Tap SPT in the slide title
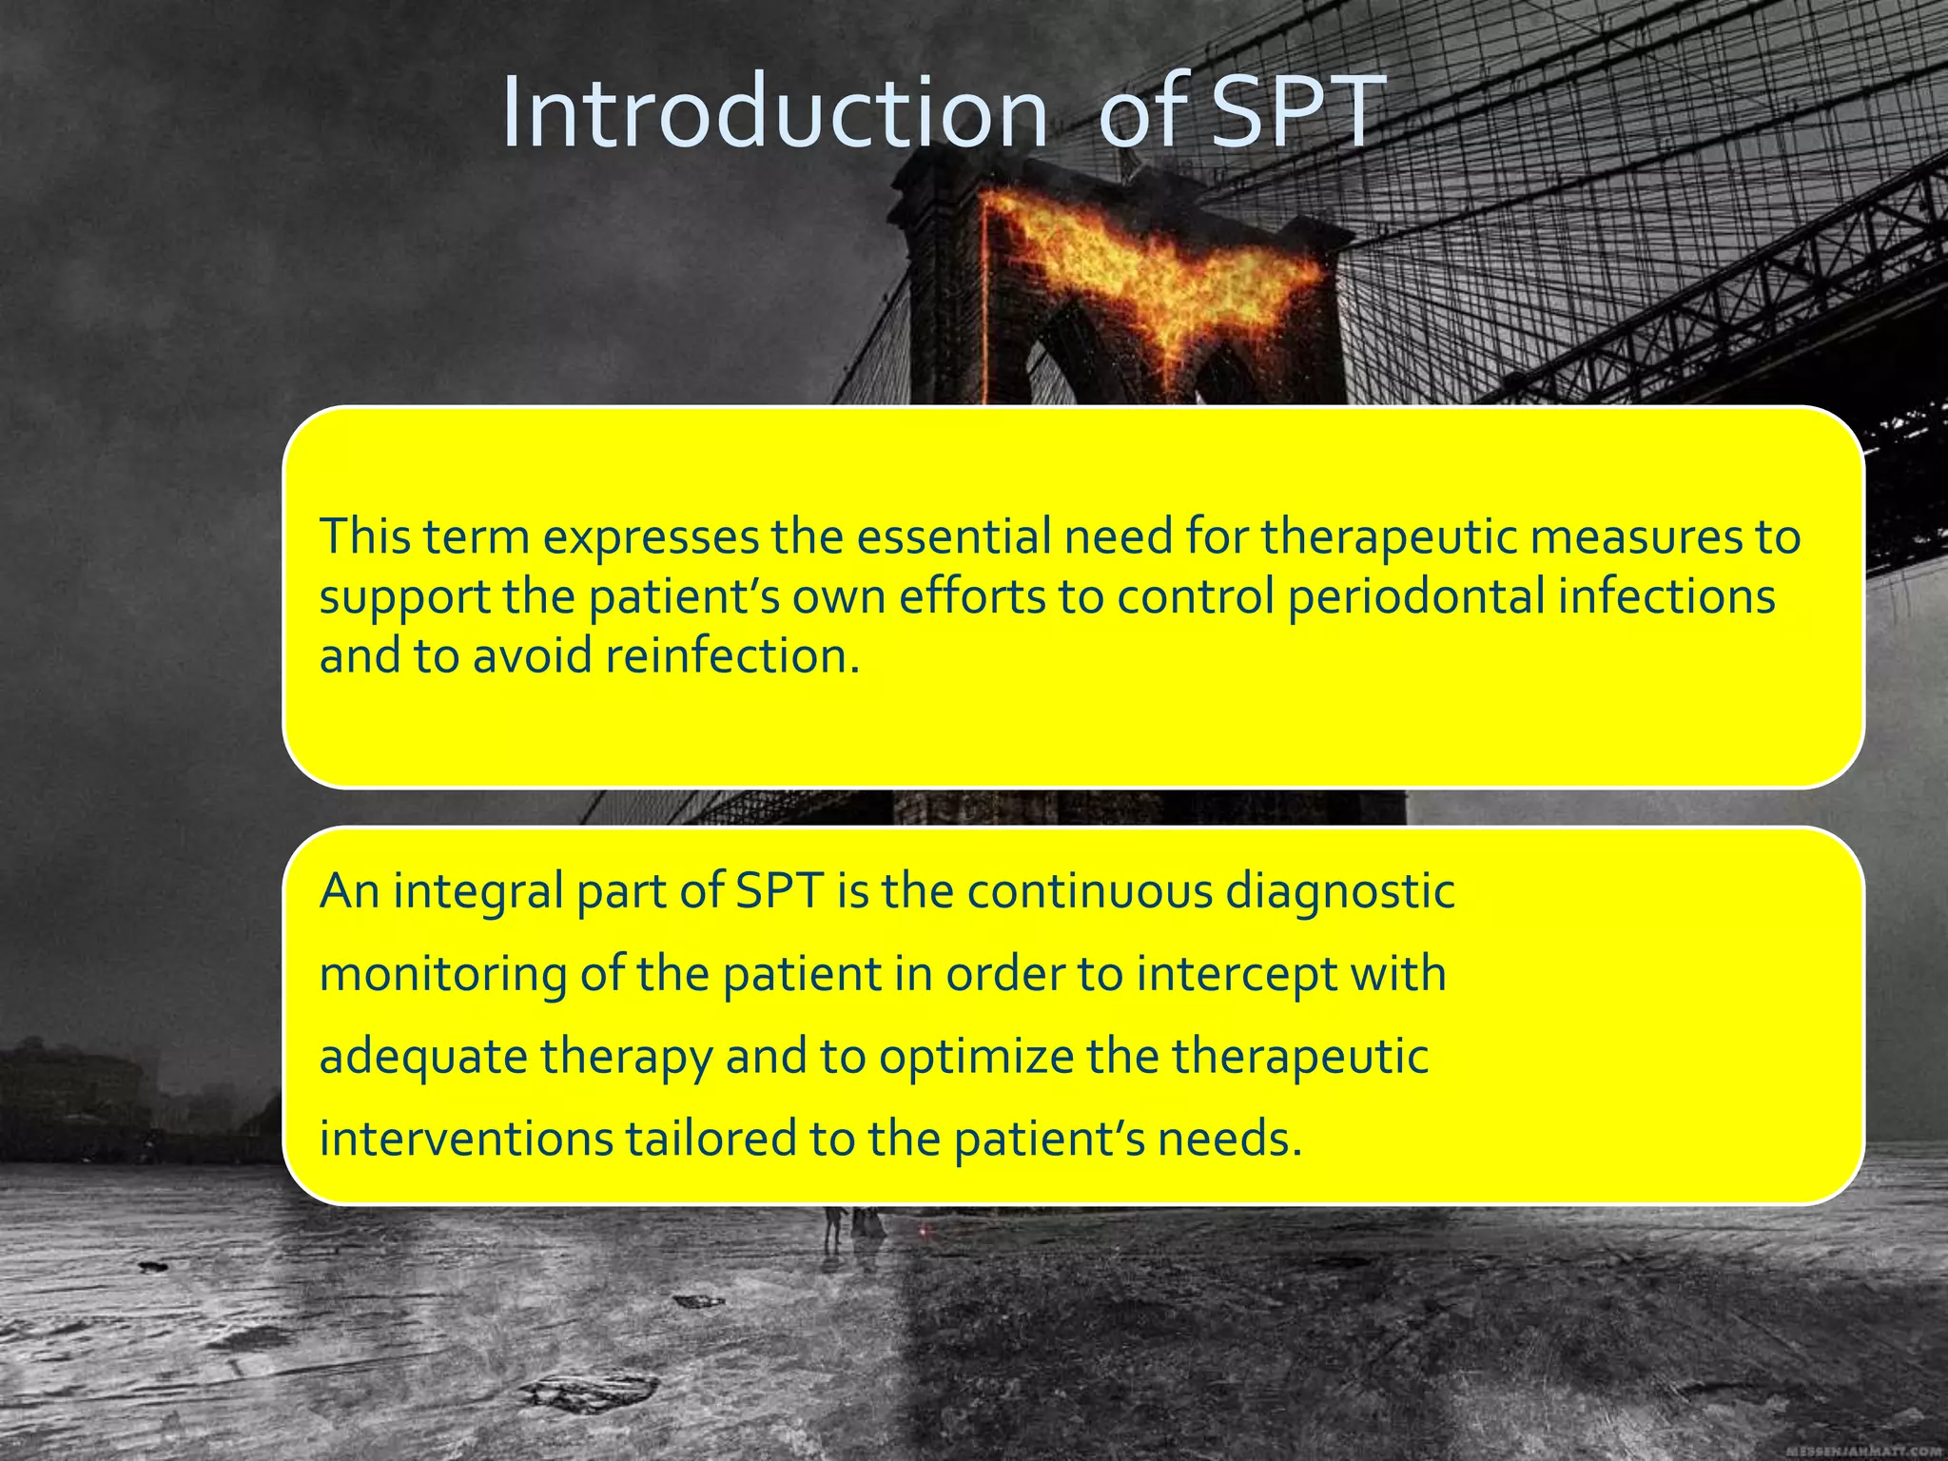(x=1295, y=114)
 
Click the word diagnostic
(x=1340, y=892)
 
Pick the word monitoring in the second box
(x=442, y=975)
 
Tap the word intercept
(x=1237, y=975)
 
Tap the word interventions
(x=466, y=1140)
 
